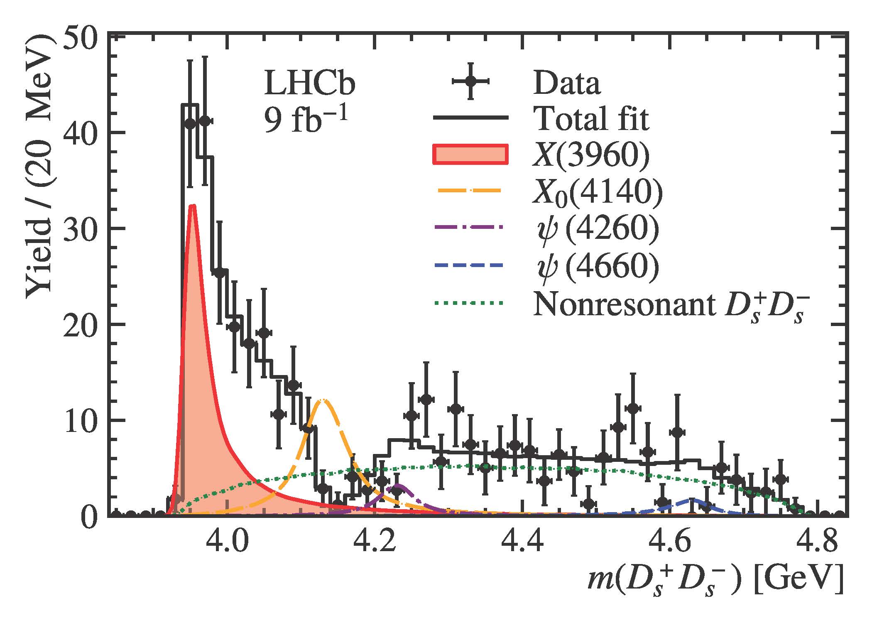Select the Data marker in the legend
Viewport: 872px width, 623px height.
[470, 81]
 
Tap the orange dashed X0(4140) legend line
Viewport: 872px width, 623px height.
[470, 191]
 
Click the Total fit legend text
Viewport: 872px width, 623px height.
[592, 119]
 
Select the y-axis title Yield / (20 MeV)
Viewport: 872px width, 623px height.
[39, 166]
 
